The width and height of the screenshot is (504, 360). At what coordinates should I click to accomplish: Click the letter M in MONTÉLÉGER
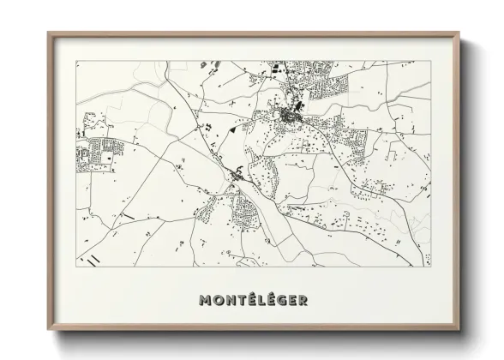(205, 301)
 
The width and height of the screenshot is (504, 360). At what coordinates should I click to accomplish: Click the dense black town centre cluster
(288, 112)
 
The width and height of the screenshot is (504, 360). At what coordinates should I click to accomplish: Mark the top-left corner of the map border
(76, 61)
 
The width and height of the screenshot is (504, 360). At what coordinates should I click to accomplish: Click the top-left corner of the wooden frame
(47, 32)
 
